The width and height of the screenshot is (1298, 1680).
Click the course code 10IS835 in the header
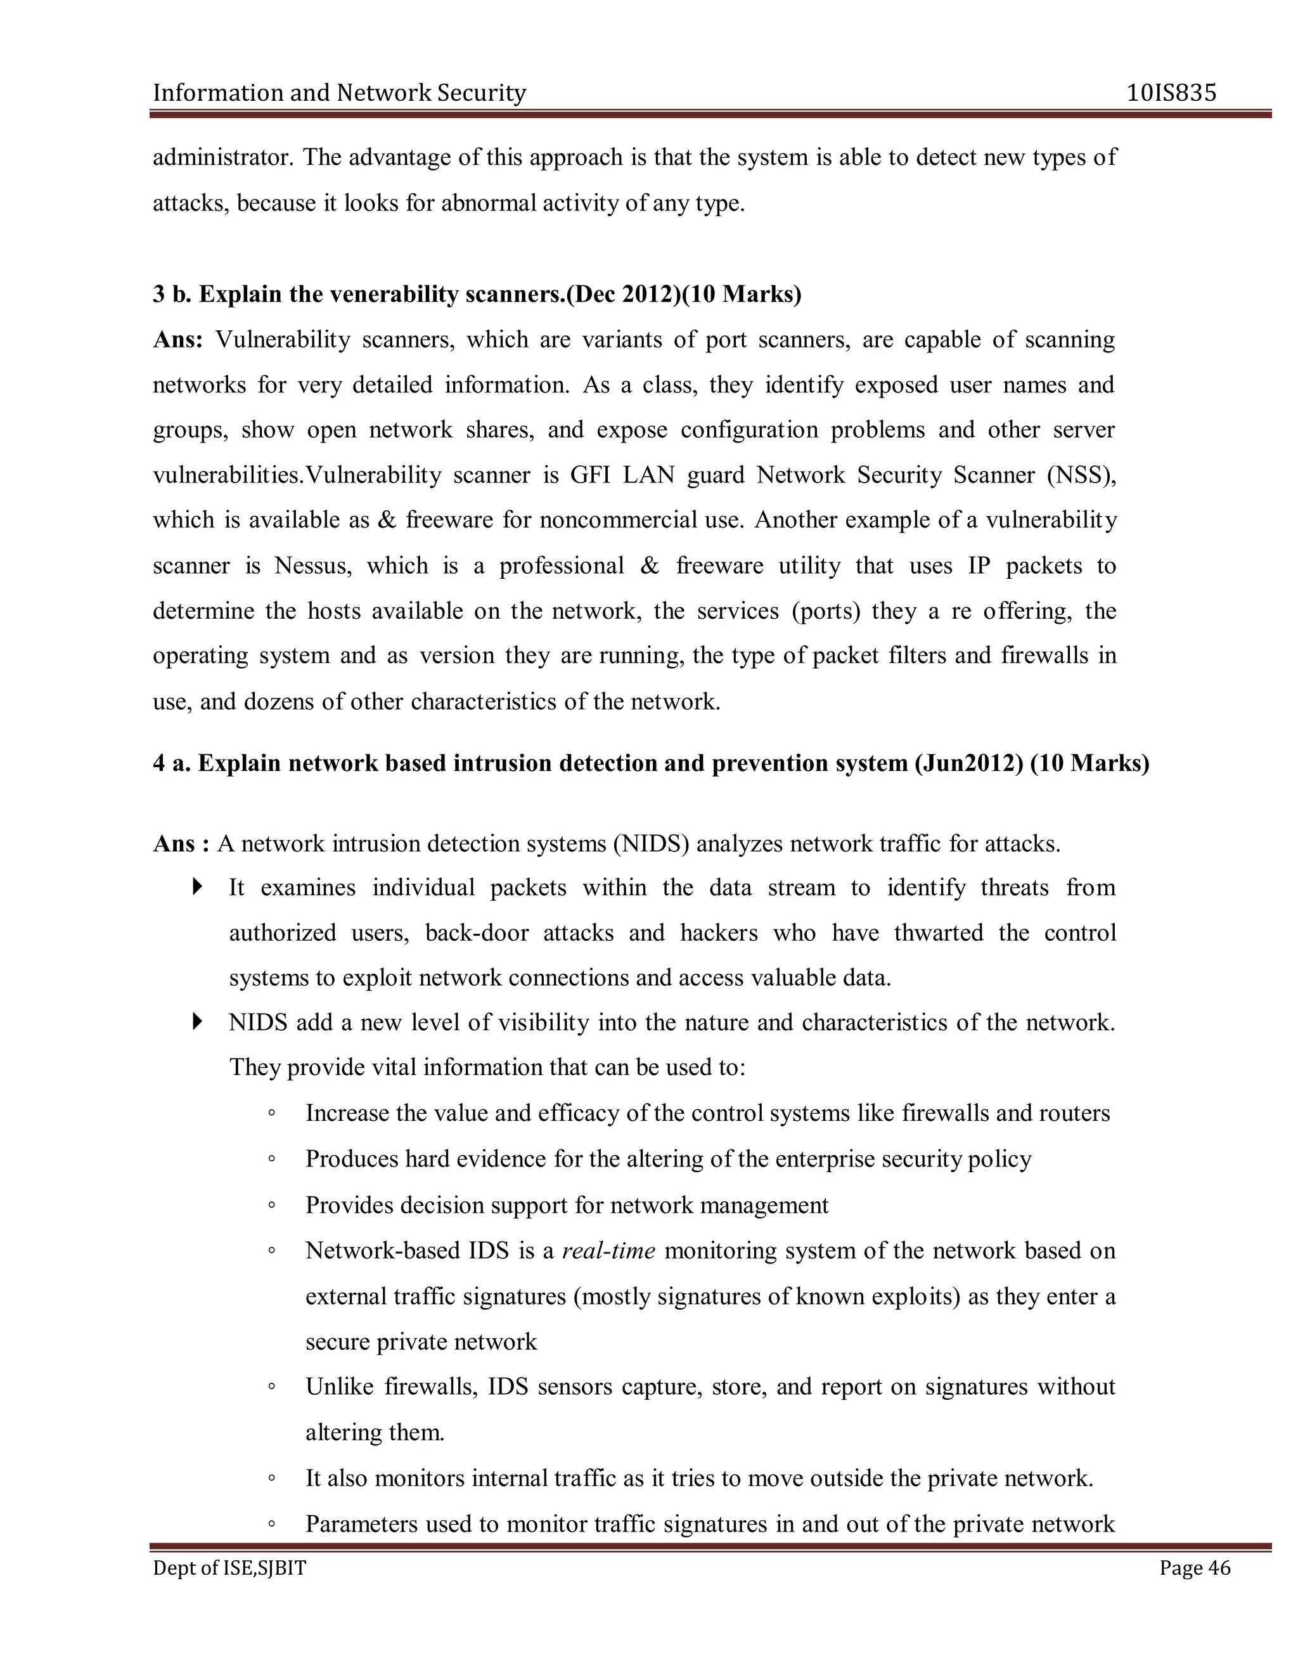(x=1171, y=93)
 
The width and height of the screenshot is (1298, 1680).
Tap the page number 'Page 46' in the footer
(x=1194, y=1568)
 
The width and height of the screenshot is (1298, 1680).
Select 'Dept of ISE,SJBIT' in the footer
(x=229, y=1568)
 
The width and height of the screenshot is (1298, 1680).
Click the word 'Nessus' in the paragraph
(x=312, y=565)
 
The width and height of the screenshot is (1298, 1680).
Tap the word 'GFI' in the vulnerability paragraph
(x=590, y=475)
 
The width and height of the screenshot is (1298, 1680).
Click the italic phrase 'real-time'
(x=608, y=1250)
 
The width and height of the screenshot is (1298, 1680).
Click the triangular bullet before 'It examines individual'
(x=198, y=887)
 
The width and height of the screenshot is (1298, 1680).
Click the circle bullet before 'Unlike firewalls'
(x=271, y=1387)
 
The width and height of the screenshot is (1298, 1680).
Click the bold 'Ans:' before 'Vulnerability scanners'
(x=177, y=339)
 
